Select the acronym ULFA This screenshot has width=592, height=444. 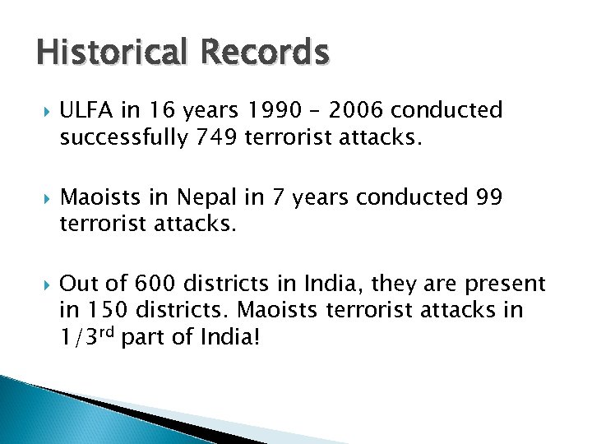(85, 111)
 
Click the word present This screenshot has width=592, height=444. (505, 284)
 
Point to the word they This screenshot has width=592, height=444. (395, 284)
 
